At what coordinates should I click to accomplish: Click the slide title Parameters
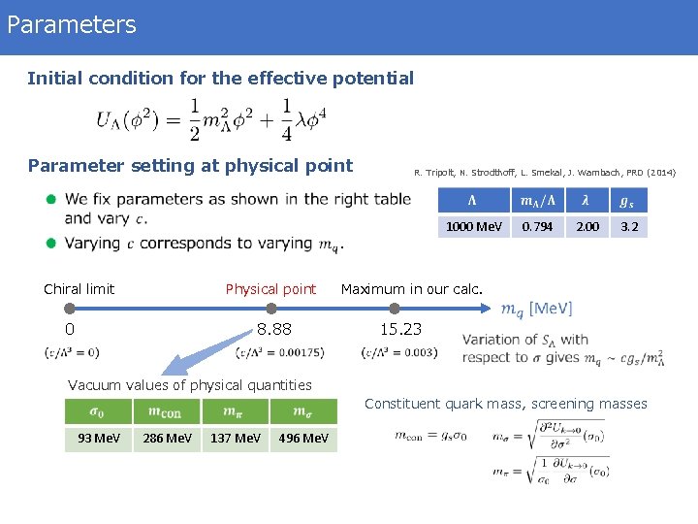pos(71,24)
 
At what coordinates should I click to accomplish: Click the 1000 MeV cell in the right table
pos(473,226)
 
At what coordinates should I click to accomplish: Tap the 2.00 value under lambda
pos(587,226)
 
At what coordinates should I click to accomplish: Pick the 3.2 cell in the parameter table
pos(629,226)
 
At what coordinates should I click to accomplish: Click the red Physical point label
pos(270,288)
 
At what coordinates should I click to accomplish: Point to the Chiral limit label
pos(79,288)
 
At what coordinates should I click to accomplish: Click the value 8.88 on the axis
pos(273,329)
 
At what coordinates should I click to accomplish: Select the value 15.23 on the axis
pos(400,329)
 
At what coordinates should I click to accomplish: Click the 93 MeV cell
pos(99,439)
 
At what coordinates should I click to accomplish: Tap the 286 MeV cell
pos(167,439)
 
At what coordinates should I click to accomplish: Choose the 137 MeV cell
pos(235,439)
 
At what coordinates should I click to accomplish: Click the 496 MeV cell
pos(302,439)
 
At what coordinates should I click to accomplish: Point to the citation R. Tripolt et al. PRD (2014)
pos(544,173)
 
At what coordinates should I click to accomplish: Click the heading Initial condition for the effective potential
pos(220,78)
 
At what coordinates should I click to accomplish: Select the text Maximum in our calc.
pos(411,288)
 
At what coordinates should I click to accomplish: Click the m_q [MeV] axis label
pos(536,309)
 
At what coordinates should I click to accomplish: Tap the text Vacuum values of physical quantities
pos(190,385)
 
